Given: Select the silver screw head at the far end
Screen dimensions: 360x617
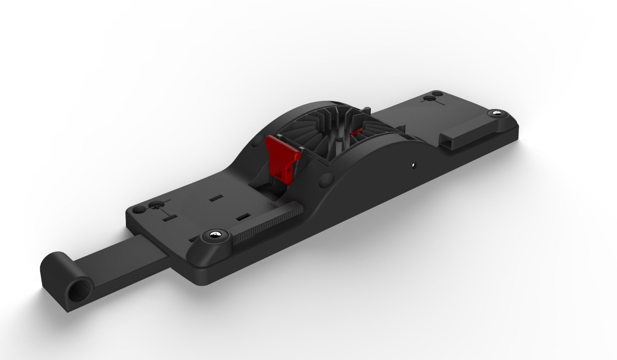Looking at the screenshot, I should [496, 113].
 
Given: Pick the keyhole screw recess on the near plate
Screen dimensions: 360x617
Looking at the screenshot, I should [156, 206].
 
